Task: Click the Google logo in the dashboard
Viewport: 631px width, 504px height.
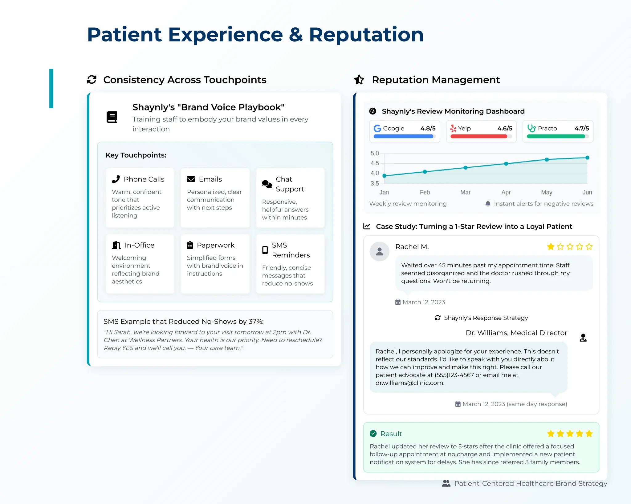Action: [377, 128]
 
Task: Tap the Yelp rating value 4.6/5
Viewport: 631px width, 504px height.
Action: [505, 128]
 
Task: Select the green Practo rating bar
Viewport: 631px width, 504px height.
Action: [556, 136]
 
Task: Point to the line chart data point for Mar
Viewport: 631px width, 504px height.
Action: [466, 168]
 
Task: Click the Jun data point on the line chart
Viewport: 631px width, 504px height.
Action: [587, 158]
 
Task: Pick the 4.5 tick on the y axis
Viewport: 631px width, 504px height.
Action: [375, 163]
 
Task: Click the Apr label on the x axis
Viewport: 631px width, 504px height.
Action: [506, 192]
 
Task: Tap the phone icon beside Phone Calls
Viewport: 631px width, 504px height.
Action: [116, 179]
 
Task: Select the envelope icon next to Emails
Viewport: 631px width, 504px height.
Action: [191, 179]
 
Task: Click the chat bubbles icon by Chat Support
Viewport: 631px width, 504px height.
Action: [267, 184]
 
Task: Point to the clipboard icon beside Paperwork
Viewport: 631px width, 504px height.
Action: [190, 245]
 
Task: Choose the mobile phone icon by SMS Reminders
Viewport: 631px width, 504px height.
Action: [265, 250]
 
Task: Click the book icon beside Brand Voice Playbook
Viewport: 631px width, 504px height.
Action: [112, 117]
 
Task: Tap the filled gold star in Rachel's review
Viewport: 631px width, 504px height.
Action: [551, 246]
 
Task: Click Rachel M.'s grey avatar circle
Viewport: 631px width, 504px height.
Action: [380, 251]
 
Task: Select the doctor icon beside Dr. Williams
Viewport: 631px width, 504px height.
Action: [583, 338]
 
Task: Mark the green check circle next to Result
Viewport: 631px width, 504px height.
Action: [373, 434]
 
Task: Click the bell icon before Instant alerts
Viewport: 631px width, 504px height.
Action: [488, 204]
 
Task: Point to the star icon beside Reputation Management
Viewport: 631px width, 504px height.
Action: [359, 80]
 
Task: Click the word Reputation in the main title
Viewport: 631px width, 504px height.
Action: [366, 34]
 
